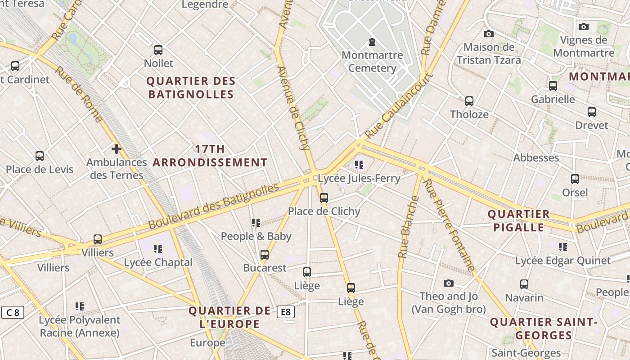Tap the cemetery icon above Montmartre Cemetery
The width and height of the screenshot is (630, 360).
point(372,42)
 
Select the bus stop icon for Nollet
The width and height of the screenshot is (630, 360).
point(158,50)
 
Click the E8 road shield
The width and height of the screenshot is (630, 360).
point(286,312)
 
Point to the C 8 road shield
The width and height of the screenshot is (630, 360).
point(13,312)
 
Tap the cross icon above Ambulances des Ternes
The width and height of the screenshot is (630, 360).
point(117,148)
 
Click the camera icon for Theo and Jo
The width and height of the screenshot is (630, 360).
point(448,283)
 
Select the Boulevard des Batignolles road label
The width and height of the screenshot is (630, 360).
point(214,206)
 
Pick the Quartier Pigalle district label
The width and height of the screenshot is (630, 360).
point(519,220)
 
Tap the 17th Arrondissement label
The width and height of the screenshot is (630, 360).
point(210,156)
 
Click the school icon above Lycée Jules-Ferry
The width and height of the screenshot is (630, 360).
point(359,165)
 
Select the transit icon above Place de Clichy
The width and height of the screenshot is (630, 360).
point(324,198)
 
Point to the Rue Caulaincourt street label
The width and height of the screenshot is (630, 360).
point(400,106)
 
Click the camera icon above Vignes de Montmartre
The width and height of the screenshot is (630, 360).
point(584,27)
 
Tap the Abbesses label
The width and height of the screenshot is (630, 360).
point(536,158)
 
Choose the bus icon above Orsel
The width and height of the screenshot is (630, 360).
point(575,179)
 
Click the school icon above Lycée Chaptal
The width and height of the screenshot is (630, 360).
point(157,248)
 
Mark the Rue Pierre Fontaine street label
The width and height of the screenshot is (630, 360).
point(449,225)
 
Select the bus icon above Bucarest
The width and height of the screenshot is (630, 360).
point(265,255)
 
